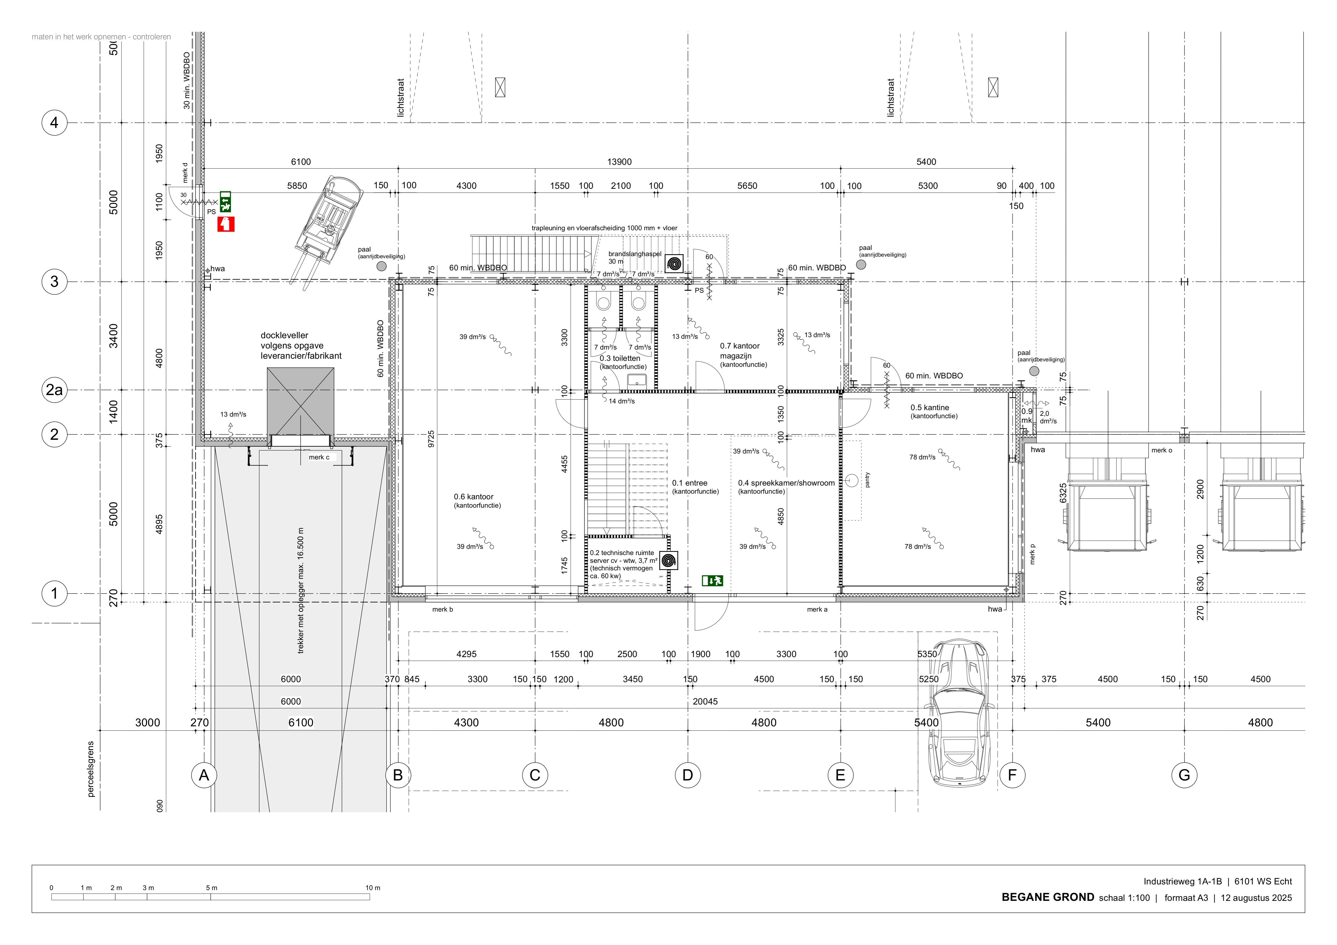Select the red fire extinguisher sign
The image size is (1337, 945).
[x=226, y=224]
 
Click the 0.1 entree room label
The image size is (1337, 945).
[x=689, y=483]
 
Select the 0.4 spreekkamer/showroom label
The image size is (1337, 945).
[x=786, y=483]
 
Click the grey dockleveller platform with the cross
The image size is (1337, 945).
[x=300, y=402]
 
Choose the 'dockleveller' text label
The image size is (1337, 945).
[x=284, y=335]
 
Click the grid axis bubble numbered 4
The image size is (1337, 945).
[x=54, y=123]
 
